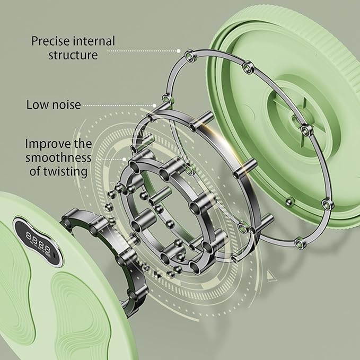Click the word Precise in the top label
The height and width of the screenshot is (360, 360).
[x=50, y=41]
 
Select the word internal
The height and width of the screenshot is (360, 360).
[x=94, y=41]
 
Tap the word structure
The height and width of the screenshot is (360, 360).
[x=73, y=55]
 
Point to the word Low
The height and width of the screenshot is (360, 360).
[x=37, y=104]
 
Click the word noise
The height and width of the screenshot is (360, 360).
[x=66, y=105]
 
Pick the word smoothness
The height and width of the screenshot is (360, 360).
[x=58, y=157]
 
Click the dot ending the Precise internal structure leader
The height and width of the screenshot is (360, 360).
[x=178, y=51]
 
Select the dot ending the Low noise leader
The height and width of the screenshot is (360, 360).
[x=154, y=106]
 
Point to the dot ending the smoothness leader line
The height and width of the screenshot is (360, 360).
[x=124, y=159]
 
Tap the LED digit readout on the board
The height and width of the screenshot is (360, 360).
[x=38, y=244]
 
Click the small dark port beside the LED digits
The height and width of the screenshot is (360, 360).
[x=55, y=256]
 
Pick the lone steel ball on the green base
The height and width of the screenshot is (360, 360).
[x=289, y=202]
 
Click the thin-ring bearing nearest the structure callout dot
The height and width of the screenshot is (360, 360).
[x=191, y=56]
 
